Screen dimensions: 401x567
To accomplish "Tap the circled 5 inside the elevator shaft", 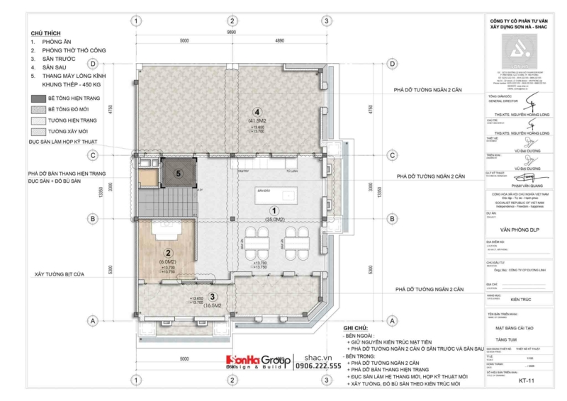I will [179, 172].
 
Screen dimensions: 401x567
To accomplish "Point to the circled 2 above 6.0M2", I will [167, 252].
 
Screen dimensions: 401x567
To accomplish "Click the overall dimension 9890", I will [231, 33].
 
